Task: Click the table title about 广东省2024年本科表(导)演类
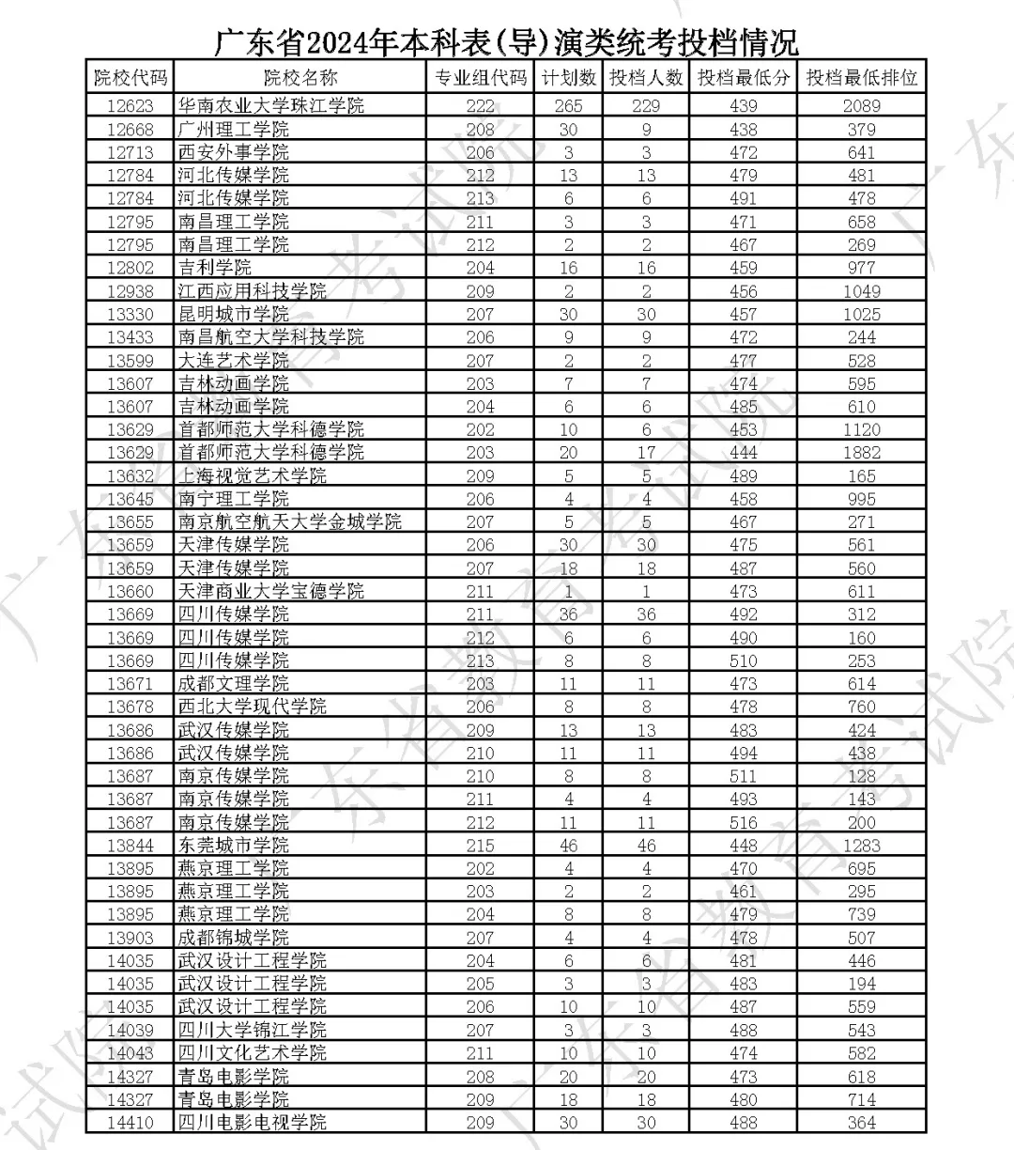click(x=506, y=42)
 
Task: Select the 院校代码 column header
click(x=130, y=78)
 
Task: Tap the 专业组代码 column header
click(x=480, y=78)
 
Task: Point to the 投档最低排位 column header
click(x=861, y=78)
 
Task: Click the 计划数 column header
click(x=568, y=78)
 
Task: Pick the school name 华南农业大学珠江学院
click(x=271, y=105)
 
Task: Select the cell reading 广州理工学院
click(x=234, y=129)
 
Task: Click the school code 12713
click(x=130, y=152)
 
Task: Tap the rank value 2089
click(x=861, y=105)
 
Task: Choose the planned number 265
click(x=568, y=105)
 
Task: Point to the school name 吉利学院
click(x=215, y=268)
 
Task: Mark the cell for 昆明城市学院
click(x=234, y=314)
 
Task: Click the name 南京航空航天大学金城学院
click(x=290, y=521)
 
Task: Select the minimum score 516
click(x=743, y=822)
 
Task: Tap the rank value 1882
click(x=861, y=452)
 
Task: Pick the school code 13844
click(x=130, y=846)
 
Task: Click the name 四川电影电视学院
click(x=253, y=1123)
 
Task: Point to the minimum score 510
click(x=743, y=660)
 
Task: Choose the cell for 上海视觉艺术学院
click(x=253, y=475)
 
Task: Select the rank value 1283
click(x=861, y=846)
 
